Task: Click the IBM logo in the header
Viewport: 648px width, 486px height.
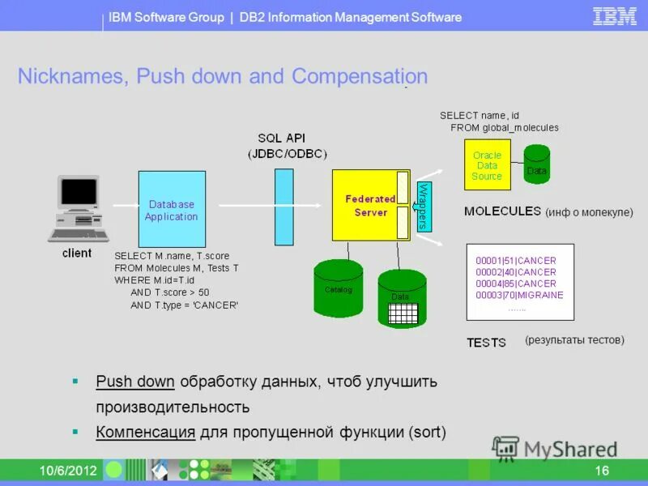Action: (x=615, y=16)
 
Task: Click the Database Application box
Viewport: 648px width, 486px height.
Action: (x=171, y=209)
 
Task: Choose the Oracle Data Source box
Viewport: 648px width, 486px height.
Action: (x=487, y=165)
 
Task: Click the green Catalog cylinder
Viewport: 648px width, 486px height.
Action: (x=339, y=288)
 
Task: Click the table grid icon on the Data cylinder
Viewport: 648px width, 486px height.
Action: (x=403, y=313)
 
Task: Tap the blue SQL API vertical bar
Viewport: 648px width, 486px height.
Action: (x=283, y=206)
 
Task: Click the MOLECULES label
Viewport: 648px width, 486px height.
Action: (x=502, y=211)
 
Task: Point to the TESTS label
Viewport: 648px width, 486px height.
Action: (x=486, y=343)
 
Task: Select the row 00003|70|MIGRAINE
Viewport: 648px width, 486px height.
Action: (x=519, y=295)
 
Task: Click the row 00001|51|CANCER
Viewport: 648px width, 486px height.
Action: (x=516, y=261)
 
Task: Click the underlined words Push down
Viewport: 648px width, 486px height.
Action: (x=134, y=382)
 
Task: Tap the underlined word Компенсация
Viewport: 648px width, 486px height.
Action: (x=145, y=432)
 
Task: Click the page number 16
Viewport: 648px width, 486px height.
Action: (x=602, y=471)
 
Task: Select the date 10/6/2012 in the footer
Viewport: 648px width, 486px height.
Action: (x=69, y=471)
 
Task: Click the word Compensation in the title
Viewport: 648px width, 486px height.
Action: (x=360, y=77)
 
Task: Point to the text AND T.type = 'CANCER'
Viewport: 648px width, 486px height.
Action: (x=184, y=305)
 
